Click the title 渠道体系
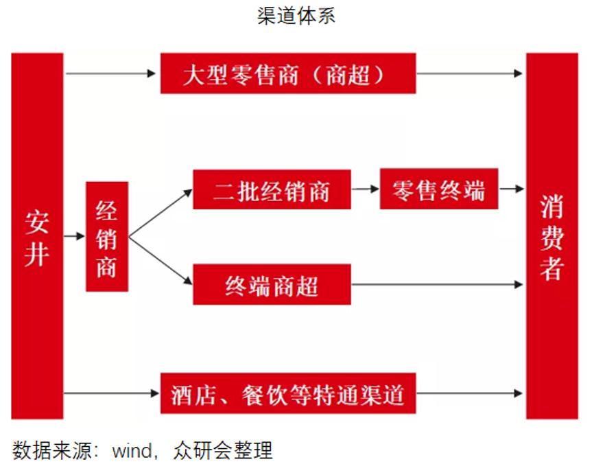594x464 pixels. coord(296,16)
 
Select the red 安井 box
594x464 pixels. coord(37,235)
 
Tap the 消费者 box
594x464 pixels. coord(551,235)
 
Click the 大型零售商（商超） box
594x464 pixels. coord(287,73)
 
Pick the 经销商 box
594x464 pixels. coord(106,236)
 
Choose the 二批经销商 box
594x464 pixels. coord(272,189)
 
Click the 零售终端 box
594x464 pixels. coord(438,189)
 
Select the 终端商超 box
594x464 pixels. coord(272,284)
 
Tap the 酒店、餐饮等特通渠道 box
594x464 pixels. coord(287,393)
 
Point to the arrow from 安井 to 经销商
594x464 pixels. coord(74,236)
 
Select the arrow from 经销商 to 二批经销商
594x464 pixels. coord(161,213)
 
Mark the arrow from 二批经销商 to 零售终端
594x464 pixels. coord(365,189)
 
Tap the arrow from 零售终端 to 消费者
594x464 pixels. coord(511,189)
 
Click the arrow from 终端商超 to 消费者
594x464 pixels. coord(438,284)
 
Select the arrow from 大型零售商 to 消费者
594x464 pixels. coord(470,73)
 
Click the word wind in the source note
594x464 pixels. coord(133,450)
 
